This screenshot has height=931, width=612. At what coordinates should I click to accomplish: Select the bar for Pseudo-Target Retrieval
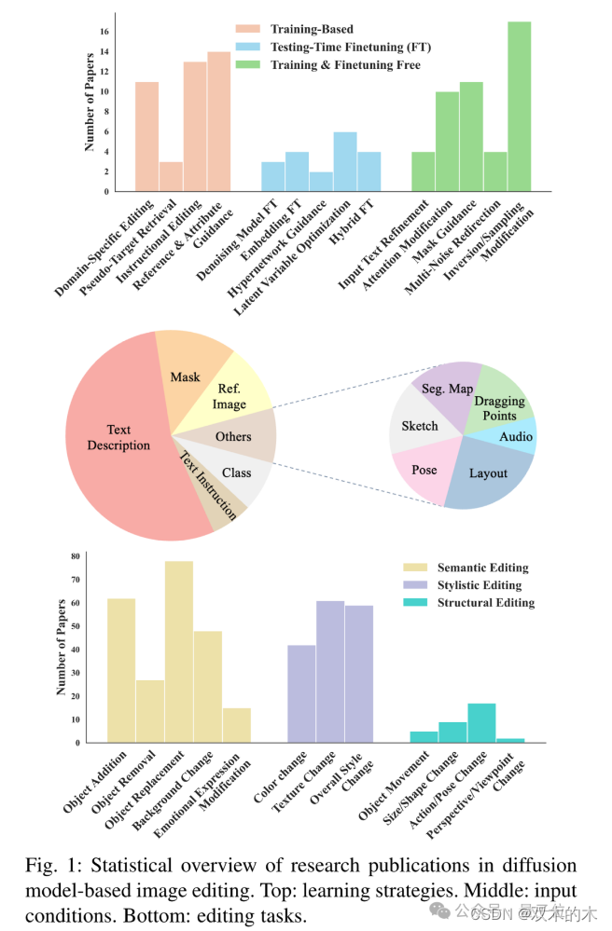[171, 176]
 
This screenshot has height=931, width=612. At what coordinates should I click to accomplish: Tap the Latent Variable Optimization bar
[345, 162]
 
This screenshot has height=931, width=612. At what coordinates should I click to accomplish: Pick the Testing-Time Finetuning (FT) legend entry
[350, 47]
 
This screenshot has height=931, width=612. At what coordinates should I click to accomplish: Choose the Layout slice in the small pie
[488, 473]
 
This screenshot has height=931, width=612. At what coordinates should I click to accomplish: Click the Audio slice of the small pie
[516, 436]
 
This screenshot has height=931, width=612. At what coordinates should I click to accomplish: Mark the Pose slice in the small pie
[424, 469]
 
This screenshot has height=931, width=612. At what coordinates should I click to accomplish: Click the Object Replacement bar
[179, 652]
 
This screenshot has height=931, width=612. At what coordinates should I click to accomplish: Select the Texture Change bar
[330, 672]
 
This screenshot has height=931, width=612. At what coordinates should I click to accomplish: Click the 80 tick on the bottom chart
[76, 556]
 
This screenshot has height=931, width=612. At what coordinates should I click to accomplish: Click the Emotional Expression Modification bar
[237, 725]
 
